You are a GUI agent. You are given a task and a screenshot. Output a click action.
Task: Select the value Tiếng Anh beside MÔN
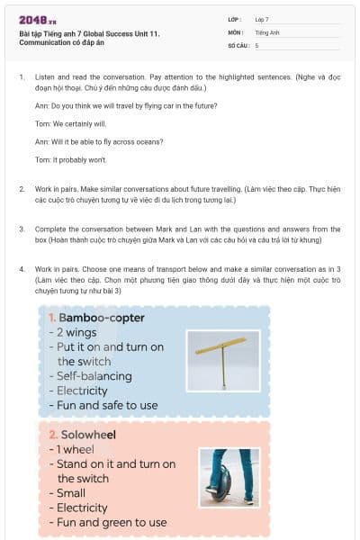pyautogui.click(x=268, y=31)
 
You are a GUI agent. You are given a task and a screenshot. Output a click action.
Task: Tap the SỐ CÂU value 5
pyautogui.click(x=256, y=45)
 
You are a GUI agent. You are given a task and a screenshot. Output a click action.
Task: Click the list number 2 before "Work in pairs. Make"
pyautogui.click(x=22, y=189)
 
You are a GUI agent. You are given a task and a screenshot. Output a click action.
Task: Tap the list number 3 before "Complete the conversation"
pyautogui.click(x=22, y=229)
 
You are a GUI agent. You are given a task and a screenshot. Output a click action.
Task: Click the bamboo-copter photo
pyautogui.click(x=222, y=361)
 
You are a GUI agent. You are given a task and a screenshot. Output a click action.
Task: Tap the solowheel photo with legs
pyautogui.click(x=224, y=478)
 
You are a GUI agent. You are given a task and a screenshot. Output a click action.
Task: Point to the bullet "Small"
pyautogui.click(x=73, y=492)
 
